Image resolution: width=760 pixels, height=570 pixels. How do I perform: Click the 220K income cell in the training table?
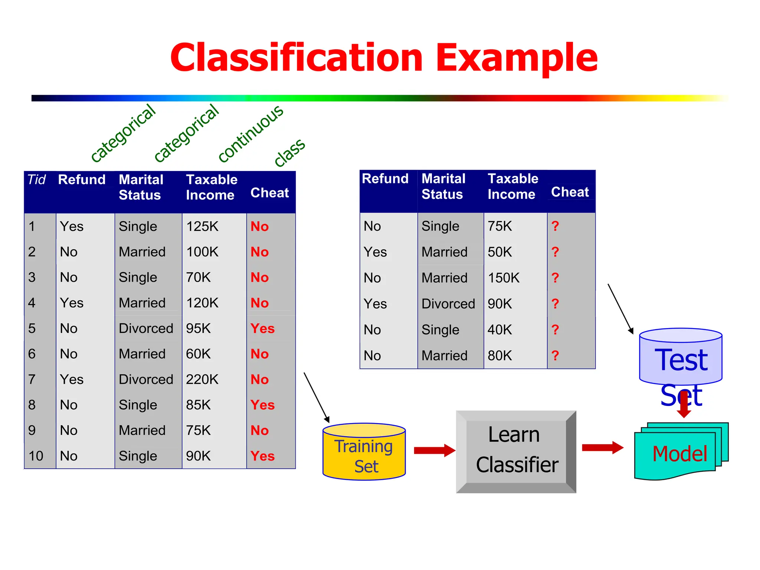coord(202,379)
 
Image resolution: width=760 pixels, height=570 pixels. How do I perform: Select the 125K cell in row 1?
coord(202,226)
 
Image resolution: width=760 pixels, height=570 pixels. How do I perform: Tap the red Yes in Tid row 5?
coord(262,328)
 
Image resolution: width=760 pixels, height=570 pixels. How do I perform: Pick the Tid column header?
coord(36,180)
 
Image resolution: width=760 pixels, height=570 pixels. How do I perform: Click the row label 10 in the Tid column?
coord(36,456)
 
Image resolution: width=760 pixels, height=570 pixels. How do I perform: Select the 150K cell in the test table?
coord(504,278)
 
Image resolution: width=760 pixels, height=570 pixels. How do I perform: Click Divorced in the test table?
coord(448,304)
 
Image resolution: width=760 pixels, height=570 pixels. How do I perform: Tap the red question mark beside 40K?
coord(555,330)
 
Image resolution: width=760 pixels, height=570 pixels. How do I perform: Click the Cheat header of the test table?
coord(570,192)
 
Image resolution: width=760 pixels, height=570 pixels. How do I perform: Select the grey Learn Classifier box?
coord(516,451)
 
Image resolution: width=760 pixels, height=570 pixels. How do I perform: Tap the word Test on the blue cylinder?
coord(681,360)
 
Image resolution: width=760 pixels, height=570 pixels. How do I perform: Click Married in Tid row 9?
coord(142,430)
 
